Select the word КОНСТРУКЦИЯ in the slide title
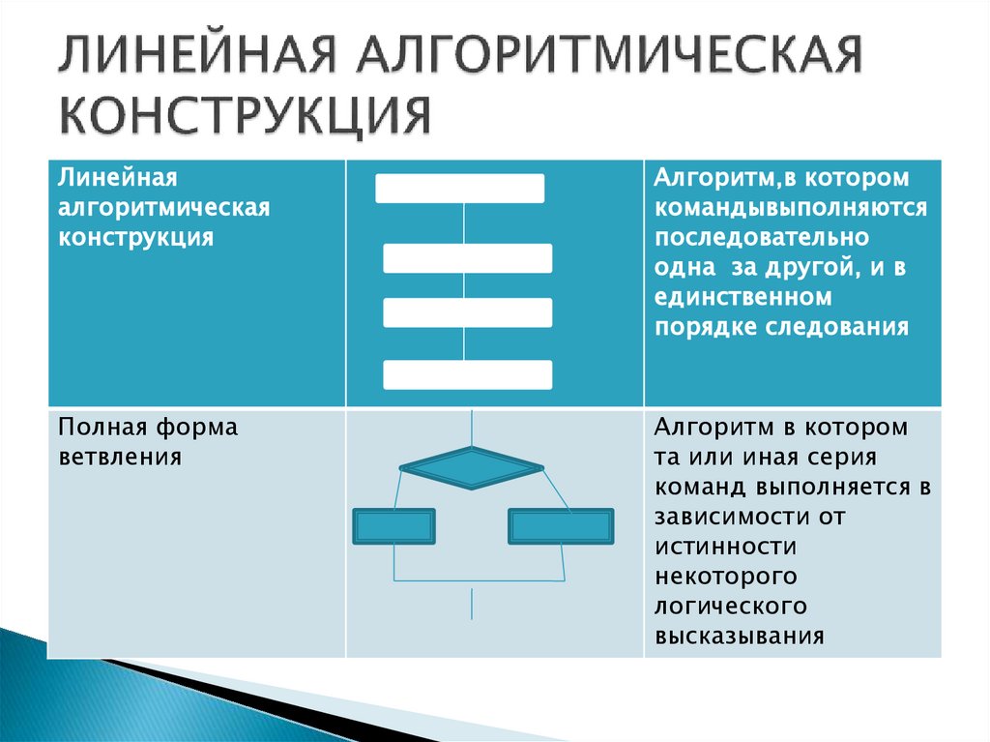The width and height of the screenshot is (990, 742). tap(247, 116)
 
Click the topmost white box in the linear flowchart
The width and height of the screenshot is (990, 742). tap(460, 189)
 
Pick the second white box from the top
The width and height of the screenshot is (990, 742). tap(468, 258)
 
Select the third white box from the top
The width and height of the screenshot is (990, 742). tap(468, 312)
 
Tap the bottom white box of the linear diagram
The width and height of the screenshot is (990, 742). tap(468, 374)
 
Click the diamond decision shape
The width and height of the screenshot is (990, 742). tap(472, 467)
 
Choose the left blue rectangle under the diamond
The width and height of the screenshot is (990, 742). tap(393, 525)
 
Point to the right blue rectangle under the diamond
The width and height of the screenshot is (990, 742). tap(561, 525)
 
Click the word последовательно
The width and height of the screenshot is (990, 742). tap(762, 238)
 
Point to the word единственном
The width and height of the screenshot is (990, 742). tap(742, 296)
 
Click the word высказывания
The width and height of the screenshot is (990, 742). tap(740, 637)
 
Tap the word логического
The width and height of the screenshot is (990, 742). tap(731, 607)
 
